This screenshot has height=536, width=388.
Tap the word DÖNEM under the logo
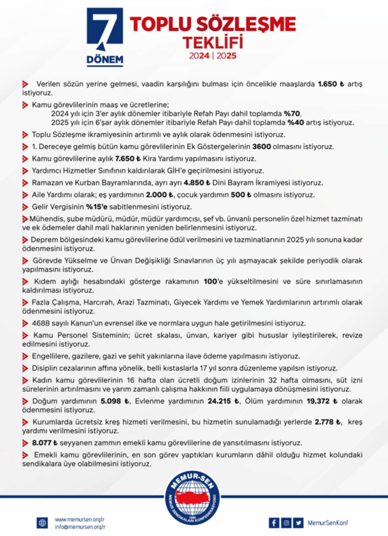(x=105, y=60)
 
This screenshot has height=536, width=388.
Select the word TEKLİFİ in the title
(x=213, y=43)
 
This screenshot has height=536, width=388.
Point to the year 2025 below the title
(x=227, y=56)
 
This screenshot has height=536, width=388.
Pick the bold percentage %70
(x=292, y=114)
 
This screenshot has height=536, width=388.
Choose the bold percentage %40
(x=296, y=123)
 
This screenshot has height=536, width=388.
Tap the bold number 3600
(x=261, y=147)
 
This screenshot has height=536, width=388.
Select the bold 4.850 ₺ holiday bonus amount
(x=197, y=183)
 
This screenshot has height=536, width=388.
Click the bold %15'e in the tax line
(x=96, y=207)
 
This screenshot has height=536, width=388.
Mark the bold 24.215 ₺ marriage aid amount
(x=223, y=401)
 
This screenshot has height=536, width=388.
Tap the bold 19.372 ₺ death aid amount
(x=322, y=401)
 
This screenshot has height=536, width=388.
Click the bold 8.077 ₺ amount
(x=45, y=443)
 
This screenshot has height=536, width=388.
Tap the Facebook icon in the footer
(x=274, y=523)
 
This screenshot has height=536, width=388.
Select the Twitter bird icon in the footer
(x=298, y=523)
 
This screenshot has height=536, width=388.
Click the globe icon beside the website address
(x=42, y=523)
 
